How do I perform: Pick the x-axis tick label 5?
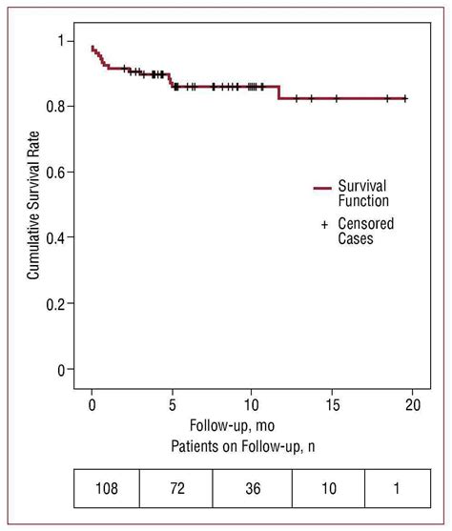point(172,403)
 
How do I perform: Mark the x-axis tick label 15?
point(332,403)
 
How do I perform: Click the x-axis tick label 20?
point(412,403)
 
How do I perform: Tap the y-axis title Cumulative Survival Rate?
point(33,204)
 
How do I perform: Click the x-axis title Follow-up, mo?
point(233,425)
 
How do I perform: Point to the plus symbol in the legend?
point(324,224)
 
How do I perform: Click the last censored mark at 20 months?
point(405,98)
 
